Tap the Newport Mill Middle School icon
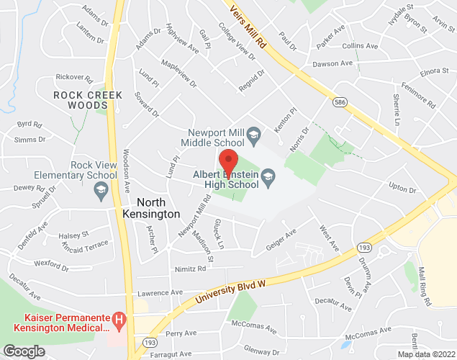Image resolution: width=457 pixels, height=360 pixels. coord(253,135)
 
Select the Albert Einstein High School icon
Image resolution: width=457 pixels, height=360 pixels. coord(268,176)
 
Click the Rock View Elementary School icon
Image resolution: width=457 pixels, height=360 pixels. coord(101,189)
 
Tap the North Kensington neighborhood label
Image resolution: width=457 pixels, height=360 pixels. coord(148,208)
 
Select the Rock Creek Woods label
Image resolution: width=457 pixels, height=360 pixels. coord(88,100)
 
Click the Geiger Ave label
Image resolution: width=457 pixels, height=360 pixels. coord(280,237)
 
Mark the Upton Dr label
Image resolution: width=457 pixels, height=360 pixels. coord(403,186)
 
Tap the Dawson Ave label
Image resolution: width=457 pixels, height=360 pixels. coord(332,64)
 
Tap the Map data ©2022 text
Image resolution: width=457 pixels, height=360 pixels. coord(425,354)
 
